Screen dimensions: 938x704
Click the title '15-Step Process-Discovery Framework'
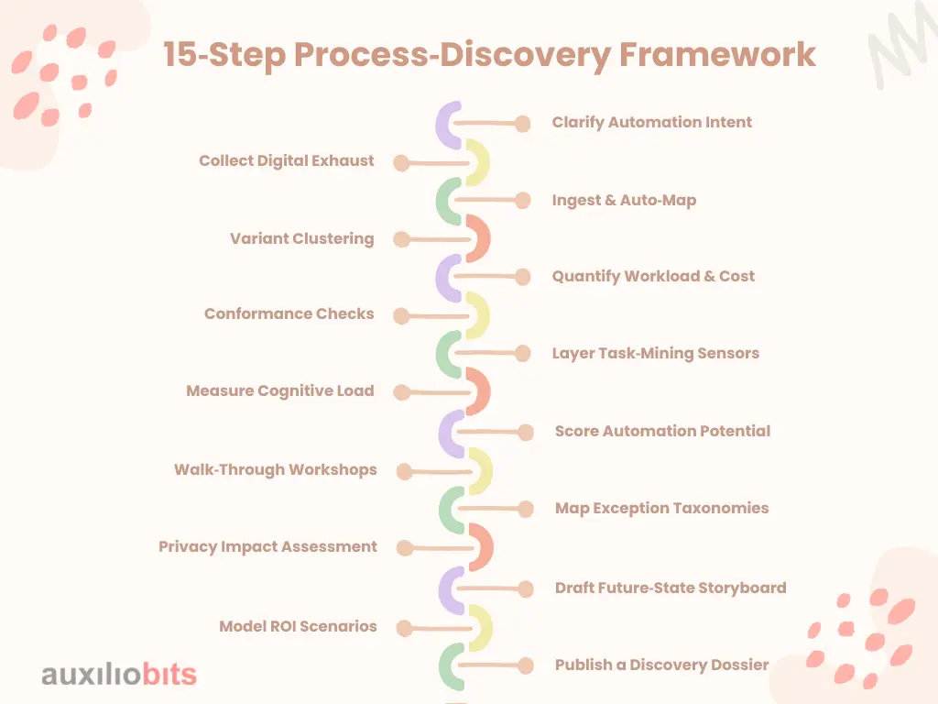point(489,55)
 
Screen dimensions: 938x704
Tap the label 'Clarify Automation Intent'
point(651,123)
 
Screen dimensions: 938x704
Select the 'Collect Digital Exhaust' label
point(286,161)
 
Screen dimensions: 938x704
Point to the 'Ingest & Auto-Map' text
point(624,201)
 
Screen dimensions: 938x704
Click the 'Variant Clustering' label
point(302,239)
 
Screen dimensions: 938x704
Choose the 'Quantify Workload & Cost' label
point(653,277)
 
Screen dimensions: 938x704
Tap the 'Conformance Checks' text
point(289,313)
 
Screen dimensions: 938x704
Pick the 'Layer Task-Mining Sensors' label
point(656,353)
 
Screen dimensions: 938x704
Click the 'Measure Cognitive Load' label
point(280,390)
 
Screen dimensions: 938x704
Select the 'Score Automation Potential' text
point(662,431)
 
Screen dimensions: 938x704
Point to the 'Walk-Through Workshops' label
point(275,469)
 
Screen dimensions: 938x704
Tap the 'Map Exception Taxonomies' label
point(661,508)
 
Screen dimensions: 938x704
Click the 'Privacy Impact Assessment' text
point(267,546)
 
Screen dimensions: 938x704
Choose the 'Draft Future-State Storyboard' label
point(671,588)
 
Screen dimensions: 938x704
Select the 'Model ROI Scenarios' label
point(298,626)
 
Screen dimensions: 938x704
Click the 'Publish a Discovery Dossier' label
point(661,665)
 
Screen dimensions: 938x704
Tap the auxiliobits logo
point(119,674)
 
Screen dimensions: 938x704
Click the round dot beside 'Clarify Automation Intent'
point(523,124)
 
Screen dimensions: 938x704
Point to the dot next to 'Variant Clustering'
point(402,239)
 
